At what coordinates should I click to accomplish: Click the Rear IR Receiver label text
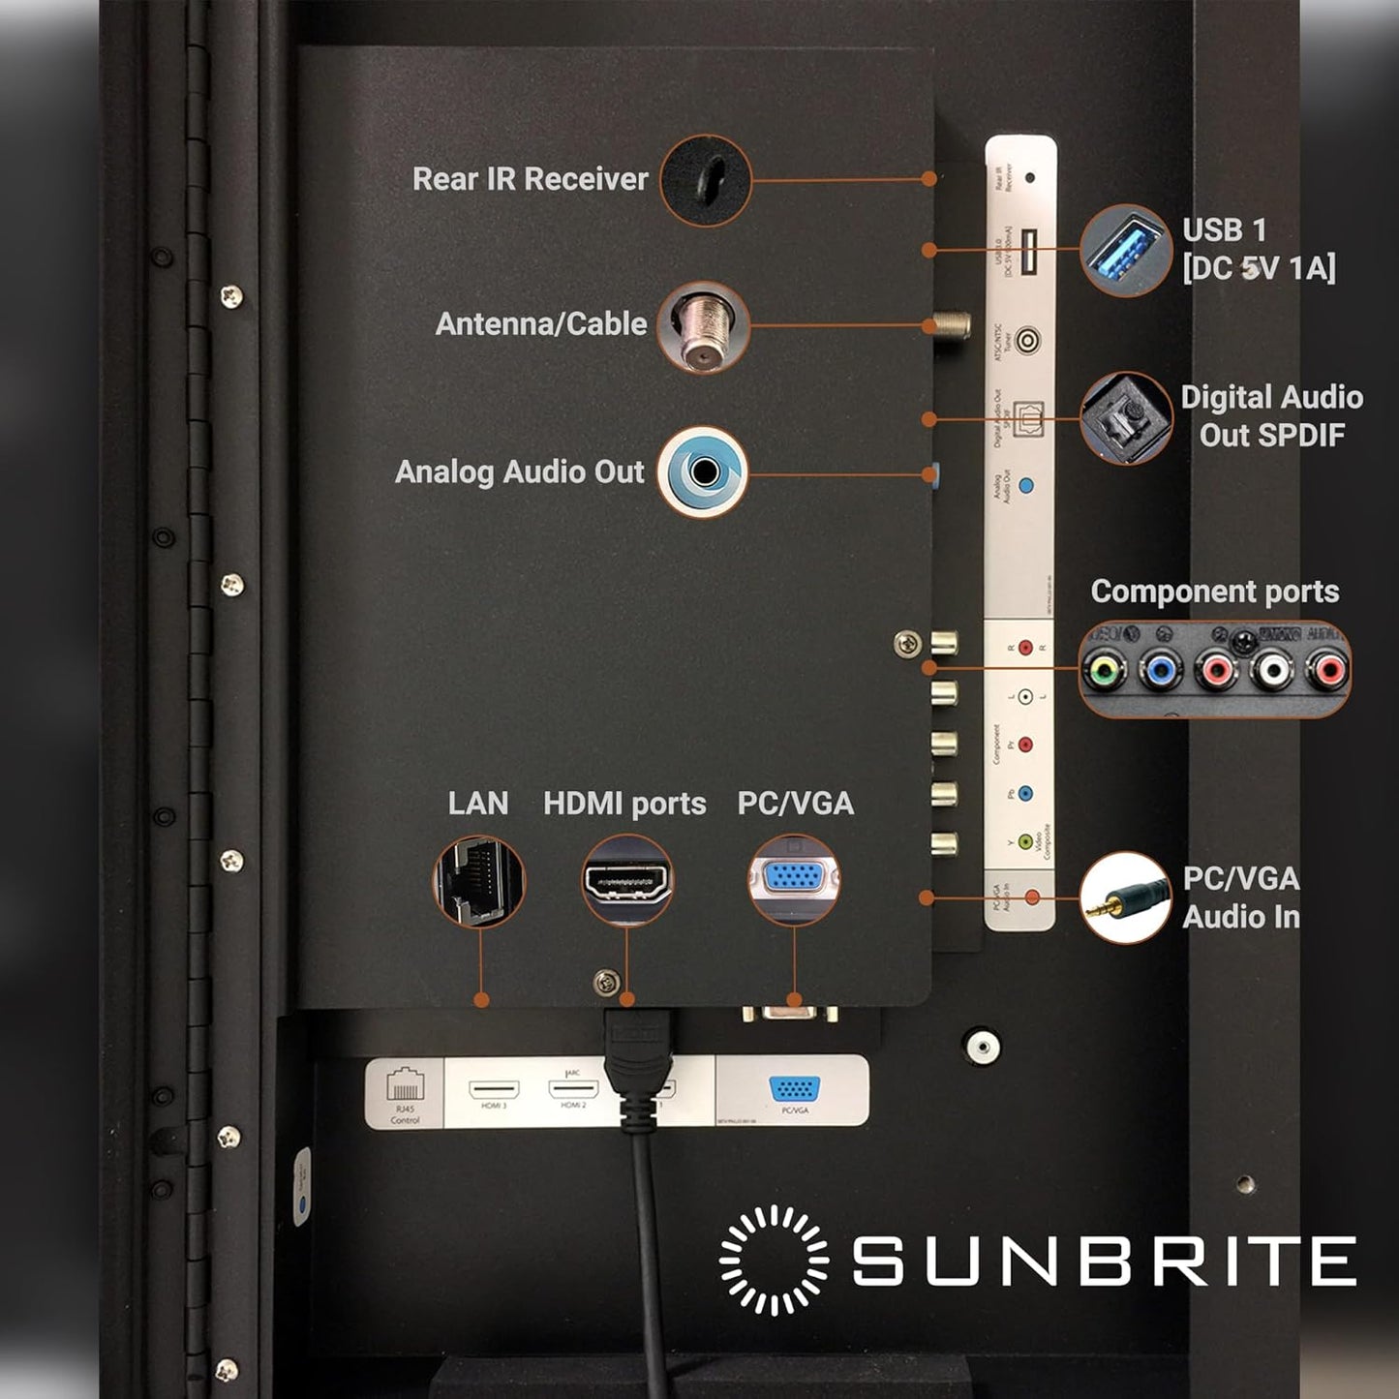530,179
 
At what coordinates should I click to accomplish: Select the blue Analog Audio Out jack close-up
703,471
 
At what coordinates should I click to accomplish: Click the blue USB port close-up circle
1125,250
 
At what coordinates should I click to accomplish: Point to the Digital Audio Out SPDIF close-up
1125,418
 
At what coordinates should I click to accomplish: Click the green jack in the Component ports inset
1105,669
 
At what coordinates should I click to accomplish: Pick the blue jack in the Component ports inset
1159,669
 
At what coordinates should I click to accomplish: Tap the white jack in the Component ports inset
1272,669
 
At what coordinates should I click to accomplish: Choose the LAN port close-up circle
478,881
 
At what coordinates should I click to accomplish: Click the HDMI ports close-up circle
627,881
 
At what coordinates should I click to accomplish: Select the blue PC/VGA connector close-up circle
794,879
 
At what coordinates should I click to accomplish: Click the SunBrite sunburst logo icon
774,1260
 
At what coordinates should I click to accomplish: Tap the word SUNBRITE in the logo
1104,1260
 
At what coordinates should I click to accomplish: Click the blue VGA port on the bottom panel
794,1088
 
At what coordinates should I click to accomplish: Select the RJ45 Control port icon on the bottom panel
405,1084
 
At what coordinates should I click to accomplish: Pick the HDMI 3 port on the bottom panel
494,1089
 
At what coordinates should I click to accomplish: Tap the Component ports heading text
1214,592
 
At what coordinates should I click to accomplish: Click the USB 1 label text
1224,230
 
